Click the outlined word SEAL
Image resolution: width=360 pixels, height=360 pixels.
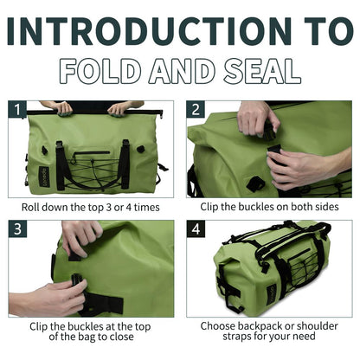point(257,71)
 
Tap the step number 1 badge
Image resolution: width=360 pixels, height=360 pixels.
point(16,110)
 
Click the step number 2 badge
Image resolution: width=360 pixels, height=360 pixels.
point(196,110)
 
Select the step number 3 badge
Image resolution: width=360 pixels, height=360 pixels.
point(16,229)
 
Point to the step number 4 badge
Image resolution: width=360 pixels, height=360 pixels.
point(196,229)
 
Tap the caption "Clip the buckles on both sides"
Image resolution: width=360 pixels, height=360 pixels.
point(269,208)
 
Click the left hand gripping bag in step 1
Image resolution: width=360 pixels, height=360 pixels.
point(61,108)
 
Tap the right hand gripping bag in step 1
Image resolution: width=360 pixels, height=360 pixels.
point(121,108)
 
